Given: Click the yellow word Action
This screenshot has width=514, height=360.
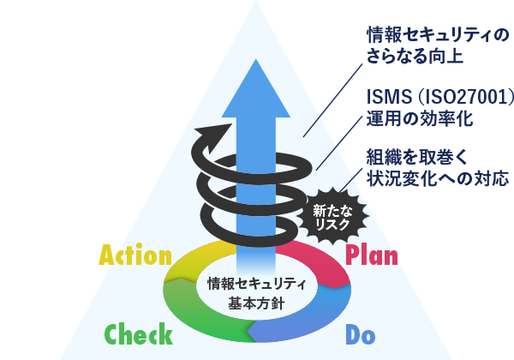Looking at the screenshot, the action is click(135, 255).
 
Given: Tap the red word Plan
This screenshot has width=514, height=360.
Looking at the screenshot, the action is click(372, 255).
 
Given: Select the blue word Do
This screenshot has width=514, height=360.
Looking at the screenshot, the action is click(361, 334).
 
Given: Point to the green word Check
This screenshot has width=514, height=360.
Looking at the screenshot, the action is click(138, 333).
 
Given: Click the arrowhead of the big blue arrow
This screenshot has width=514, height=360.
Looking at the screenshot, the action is click(255, 88).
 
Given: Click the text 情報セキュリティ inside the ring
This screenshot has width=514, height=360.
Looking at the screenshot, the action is click(257, 284).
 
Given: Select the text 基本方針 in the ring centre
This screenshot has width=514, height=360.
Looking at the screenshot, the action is click(256, 303).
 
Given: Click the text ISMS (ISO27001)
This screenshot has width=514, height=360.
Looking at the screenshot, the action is click(440, 97).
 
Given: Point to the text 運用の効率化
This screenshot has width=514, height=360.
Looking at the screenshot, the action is click(420, 118).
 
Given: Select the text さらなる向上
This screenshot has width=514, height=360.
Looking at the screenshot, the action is click(415, 56).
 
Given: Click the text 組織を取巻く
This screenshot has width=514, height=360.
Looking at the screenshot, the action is click(417, 157).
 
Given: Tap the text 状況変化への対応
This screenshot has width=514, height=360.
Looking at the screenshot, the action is click(438, 178).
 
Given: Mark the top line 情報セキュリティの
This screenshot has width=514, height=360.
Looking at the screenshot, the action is click(438, 35).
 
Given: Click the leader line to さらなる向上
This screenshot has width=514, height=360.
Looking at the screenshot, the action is click(332, 100).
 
